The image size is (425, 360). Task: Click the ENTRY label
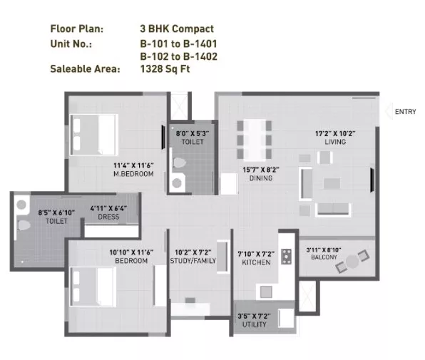point(405,112)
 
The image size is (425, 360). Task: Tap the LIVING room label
point(335,142)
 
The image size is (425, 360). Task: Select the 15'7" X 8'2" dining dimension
point(261,170)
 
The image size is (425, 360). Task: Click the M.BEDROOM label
point(133,174)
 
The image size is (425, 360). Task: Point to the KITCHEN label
point(256,262)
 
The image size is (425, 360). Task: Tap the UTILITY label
point(254,324)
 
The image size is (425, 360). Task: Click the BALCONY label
point(324,257)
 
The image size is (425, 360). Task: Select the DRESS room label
point(108,217)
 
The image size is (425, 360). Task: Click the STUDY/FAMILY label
point(193,261)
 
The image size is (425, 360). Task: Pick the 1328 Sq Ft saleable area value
point(165,69)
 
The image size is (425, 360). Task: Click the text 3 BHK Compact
point(177,29)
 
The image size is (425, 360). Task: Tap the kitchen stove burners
point(286,257)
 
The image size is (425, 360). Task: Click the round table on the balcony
point(352,262)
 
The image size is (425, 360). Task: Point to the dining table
point(255,140)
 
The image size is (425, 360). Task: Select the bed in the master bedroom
point(94,135)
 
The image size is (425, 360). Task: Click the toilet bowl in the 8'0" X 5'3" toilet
point(179,163)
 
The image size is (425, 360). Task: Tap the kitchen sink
point(266,292)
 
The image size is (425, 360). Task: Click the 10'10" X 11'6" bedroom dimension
point(131,252)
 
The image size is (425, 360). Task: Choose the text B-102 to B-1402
point(178,56)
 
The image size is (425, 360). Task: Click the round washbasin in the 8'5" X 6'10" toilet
point(21,205)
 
